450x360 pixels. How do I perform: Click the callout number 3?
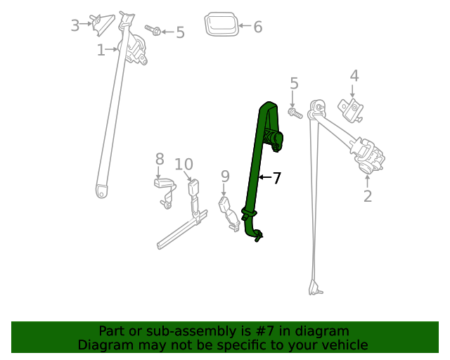(75, 26)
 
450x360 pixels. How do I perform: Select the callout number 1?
(101, 50)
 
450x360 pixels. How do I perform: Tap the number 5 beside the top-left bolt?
(180, 32)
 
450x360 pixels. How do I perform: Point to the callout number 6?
(257, 27)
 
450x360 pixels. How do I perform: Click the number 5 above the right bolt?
(294, 84)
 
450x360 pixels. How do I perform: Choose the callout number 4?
(354, 76)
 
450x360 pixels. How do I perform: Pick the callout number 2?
(367, 196)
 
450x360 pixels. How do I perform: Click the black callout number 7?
(277, 179)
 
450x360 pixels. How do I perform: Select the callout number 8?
(160, 160)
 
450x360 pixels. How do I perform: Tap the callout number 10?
(184, 165)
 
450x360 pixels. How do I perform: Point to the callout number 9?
(225, 176)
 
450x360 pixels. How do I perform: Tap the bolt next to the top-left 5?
(154, 30)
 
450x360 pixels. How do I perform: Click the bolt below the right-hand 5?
(295, 112)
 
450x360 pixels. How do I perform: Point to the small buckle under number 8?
(163, 184)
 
